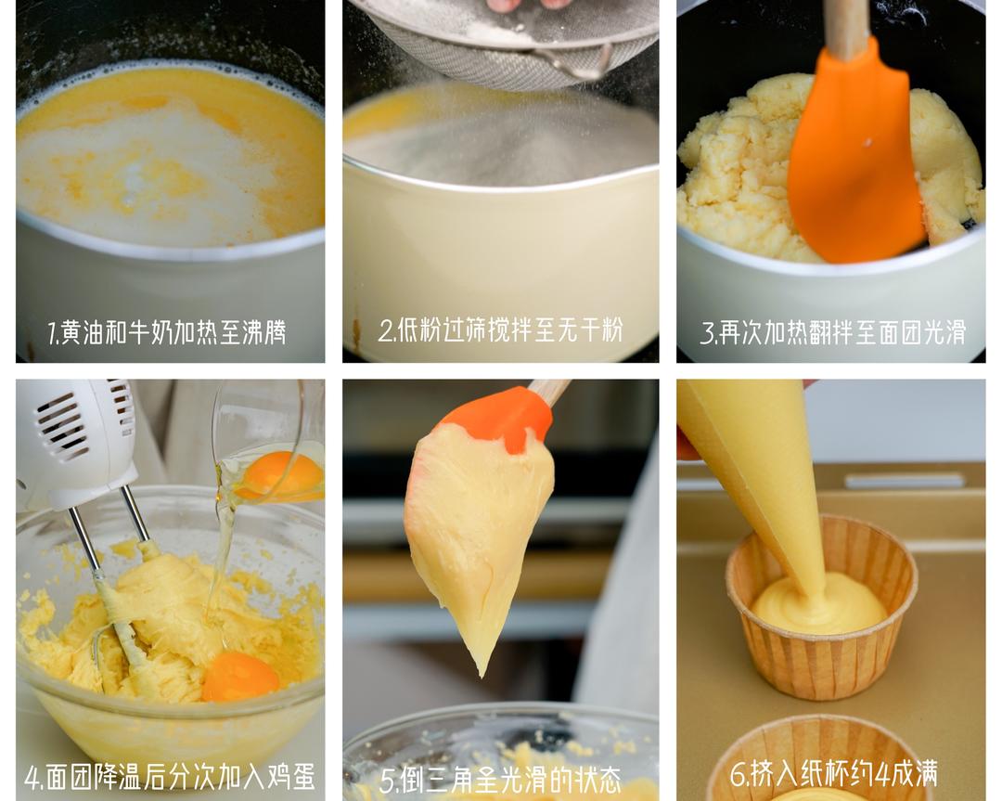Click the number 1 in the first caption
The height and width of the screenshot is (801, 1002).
[x=52, y=332]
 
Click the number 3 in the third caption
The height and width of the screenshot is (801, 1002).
[x=706, y=332]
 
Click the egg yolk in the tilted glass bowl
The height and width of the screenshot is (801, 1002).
[x=278, y=475]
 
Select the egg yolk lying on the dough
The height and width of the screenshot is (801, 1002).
[x=239, y=677]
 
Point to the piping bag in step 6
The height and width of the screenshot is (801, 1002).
[x=761, y=464]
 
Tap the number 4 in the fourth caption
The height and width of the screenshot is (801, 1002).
[x=32, y=778]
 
